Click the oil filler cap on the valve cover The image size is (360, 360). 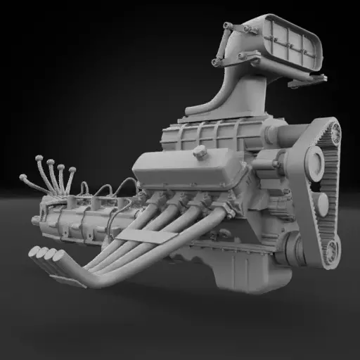pyautogui.click(x=200, y=152)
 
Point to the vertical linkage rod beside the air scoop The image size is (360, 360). pyautogui.click(x=221, y=46)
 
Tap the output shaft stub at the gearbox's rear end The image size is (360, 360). pyautogui.click(x=37, y=221)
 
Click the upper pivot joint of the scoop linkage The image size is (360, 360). pyautogui.click(x=226, y=26)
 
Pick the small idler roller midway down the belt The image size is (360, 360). pyautogui.click(x=321, y=204)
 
